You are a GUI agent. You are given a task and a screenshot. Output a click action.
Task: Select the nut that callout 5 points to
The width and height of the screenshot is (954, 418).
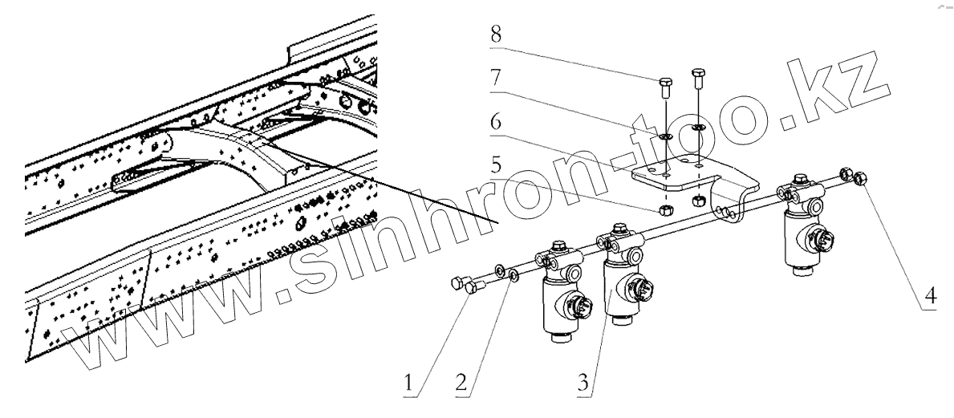click(665, 212)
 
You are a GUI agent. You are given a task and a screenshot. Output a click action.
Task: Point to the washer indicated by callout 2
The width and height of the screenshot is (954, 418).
click(514, 278)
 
